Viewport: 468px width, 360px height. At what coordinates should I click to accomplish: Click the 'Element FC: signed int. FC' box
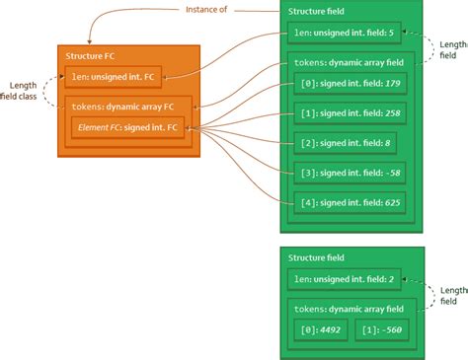pyautogui.click(x=127, y=128)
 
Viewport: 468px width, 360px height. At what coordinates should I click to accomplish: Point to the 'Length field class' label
pyautogui.click(x=24, y=92)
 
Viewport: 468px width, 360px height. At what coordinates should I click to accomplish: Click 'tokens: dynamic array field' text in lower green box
pyautogui.click(x=346, y=307)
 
